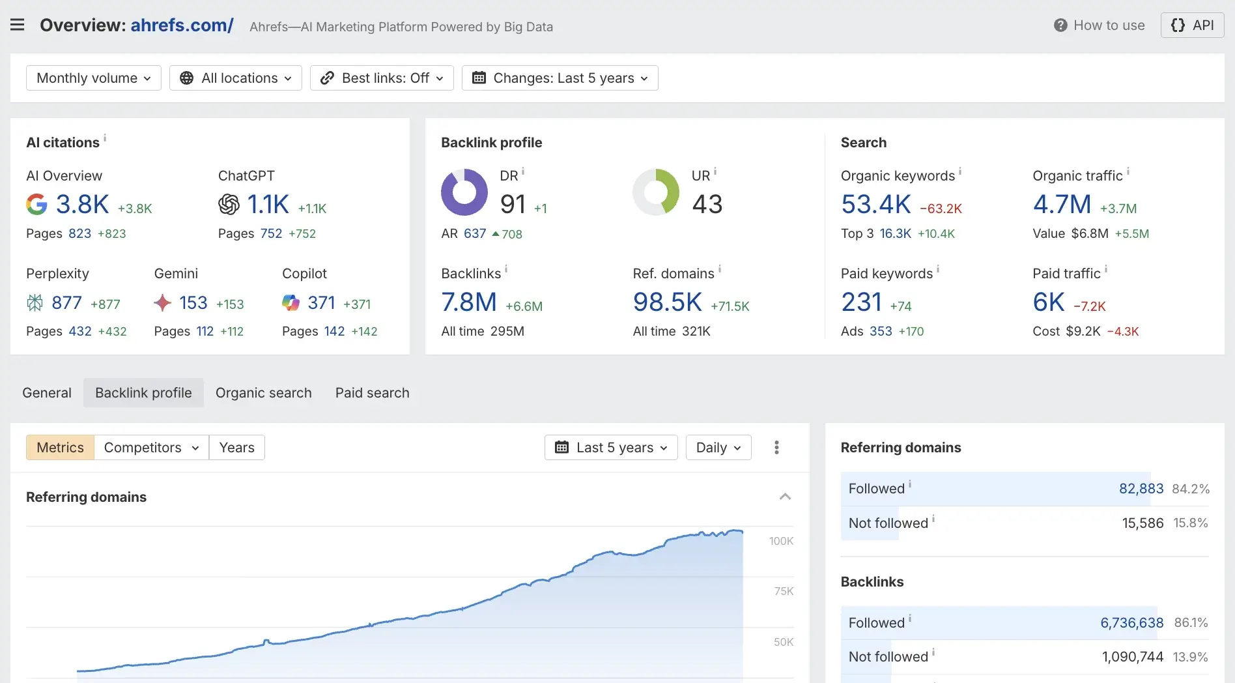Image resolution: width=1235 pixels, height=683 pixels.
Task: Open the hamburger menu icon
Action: pos(18,25)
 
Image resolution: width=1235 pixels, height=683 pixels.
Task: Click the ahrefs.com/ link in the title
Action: pos(182,25)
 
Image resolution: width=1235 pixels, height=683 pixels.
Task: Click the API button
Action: pos(1192,25)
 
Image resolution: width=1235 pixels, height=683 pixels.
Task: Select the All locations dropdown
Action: pos(236,78)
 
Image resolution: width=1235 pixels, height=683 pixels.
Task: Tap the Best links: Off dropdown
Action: pos(382,78)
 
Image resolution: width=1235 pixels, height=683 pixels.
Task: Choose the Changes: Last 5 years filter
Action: pos(560,78)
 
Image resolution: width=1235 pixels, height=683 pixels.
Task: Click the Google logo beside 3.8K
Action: pos(36,205)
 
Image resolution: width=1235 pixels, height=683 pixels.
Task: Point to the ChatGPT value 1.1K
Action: pos(268,205)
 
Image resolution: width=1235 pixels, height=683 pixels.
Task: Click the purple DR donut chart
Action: pos(464,192)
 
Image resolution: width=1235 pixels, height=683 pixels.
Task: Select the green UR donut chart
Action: pos(656,192)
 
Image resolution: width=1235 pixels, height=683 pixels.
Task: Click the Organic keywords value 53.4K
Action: pos(875,205)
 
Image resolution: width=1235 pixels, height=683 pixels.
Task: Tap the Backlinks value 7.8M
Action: pos(469,302)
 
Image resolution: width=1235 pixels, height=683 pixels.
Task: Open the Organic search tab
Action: pos(264,393)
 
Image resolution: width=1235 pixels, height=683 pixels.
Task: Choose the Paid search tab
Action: pos(373,393)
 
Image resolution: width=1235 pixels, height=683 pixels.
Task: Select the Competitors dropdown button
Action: pos(151,448)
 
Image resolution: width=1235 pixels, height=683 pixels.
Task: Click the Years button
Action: pos(237,448)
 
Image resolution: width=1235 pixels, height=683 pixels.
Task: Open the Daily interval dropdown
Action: pos(718,448)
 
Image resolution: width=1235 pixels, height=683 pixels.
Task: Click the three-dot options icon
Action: pos(776,448)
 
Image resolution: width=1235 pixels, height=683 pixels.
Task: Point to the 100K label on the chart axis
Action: pos(781,541)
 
